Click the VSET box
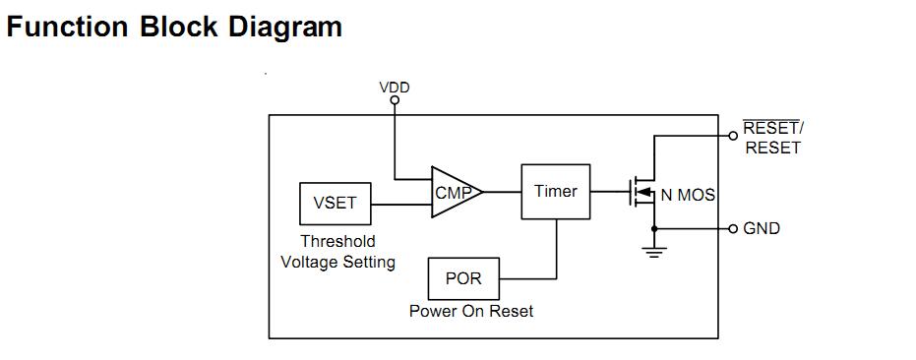pyautogui.click(x=335, y=204)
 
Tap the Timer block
pyautogui.click(x=556, y=191)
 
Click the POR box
pyautogui.click(x=463, y=278)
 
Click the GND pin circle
pyautogui.click(x=733, y=228)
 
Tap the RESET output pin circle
pyautogui.click(x=733, y=136)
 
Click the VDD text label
pyautogui.click(x=395, y=88)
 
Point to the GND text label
pyautogui.click(x=762, y=228)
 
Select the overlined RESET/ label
pyautogui.click(x=773, y=129)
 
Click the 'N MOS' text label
pyautogui.click(x=688, y=195)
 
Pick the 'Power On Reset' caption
pyautogui.click(x=471, y=311)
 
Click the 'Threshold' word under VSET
pyautogui.click(x=337, y=241)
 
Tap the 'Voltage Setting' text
pyautogui.click(x=337, y=262)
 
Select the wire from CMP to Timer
pyautogui.click(x=502, y=192)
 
